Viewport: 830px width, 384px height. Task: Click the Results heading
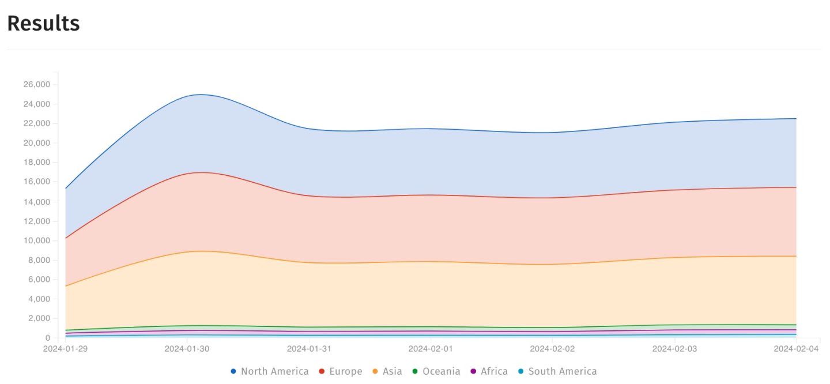point(43,24)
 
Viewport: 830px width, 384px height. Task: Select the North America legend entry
point(274,371)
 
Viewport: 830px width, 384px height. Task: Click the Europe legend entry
point(346,371)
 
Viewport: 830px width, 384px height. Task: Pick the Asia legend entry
point(392,371)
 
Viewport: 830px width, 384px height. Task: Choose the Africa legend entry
point(494,371)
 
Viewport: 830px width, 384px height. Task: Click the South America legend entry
point(562,371)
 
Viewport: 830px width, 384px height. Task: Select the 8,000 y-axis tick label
point(40,260)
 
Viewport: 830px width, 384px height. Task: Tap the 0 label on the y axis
point(48,338)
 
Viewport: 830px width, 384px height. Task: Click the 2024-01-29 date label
point(66,349)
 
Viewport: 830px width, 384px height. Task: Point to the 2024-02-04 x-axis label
point(796,349)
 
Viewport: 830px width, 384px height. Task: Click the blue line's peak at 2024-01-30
point(199,95)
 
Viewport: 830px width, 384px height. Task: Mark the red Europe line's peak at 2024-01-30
point(199,172)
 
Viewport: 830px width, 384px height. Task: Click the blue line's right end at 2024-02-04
point(796,119)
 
